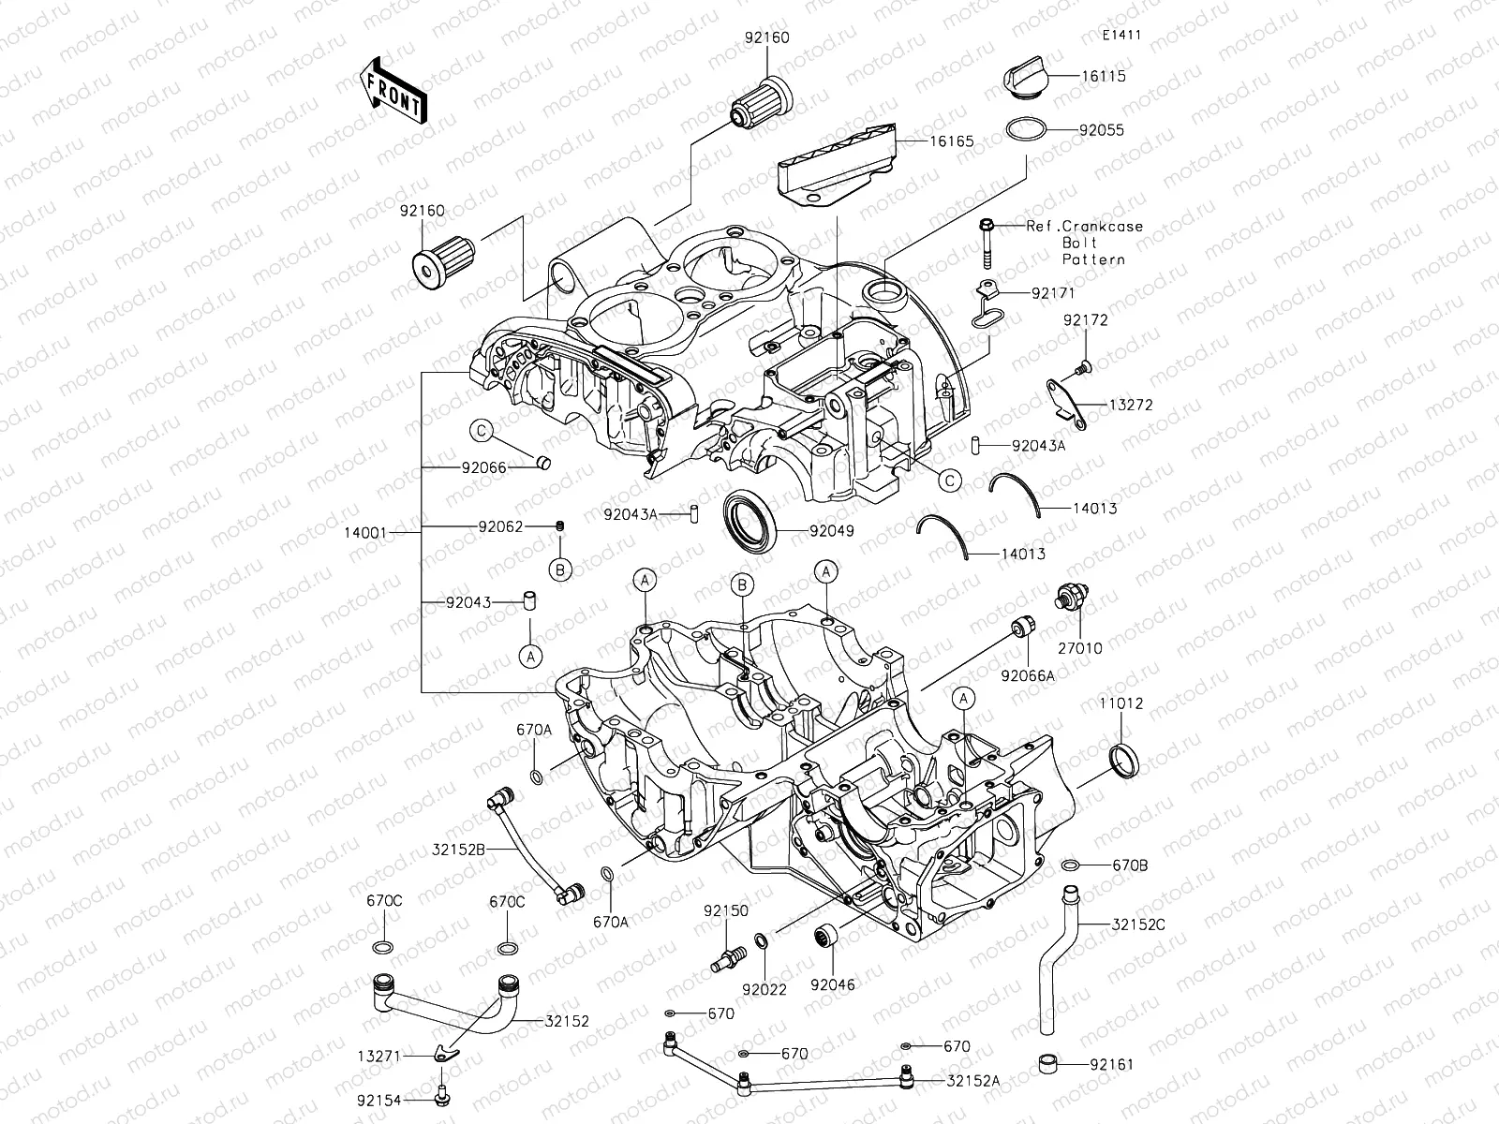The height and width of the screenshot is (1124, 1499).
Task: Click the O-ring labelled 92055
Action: pos(1026,130)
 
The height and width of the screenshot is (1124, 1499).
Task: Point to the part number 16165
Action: pos(952,142)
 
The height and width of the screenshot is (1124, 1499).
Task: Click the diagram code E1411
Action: pos(1121,36)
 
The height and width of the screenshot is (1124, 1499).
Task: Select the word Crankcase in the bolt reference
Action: pos(1109,227)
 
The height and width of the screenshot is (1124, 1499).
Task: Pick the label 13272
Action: pos(1131,406)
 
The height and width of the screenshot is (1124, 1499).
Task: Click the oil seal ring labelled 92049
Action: pos(749,519)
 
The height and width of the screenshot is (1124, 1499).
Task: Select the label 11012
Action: pos(1121,703)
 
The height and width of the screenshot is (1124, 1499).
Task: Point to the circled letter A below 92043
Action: pos(530,657)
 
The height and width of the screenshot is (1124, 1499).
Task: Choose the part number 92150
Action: pos(726,910)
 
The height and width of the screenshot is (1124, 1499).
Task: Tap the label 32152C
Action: pos(1138,924)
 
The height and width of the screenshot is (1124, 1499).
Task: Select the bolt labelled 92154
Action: pos(444,1090)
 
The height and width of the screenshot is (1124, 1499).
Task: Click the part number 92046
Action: pos(833,984)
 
